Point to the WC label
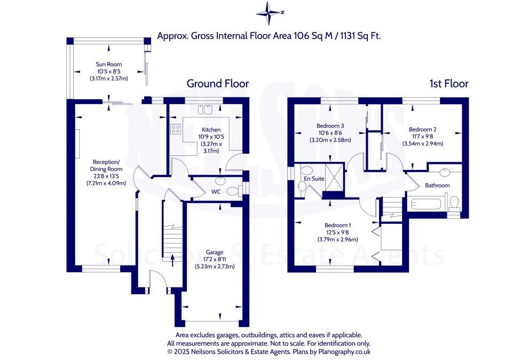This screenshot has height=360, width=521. pyautogui.click(x=216, y=191)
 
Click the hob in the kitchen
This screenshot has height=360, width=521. pyautogui.click(x=176, y=129)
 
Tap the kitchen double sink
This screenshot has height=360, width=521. pyautogui.click(x=206, y=109)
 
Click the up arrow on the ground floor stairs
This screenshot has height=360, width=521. pyautogui.click(x=172, y=260)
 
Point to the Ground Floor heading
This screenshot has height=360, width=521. pyautogui.click(x=217, y=84)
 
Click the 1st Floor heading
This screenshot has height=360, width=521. pyautogui.click(x=448, y=84)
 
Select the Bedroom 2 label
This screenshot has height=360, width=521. pyautogui.click(x=423, y=129)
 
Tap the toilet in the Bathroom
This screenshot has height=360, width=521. pyautogui.click(x=454, y=203)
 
